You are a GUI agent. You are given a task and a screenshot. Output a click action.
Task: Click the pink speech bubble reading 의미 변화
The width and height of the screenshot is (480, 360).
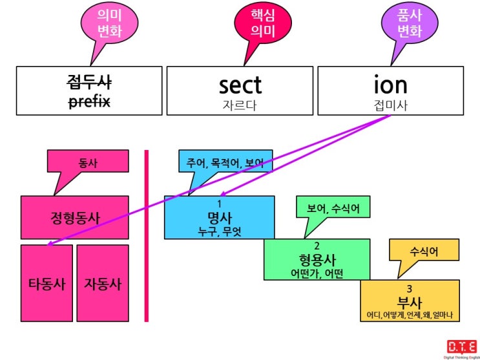109,24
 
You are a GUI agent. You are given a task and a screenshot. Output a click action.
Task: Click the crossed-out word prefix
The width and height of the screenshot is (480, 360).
89,101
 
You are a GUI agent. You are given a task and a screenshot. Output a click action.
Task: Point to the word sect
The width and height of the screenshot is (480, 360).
240,85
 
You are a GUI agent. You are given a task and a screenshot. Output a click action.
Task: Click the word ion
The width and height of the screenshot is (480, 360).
391,85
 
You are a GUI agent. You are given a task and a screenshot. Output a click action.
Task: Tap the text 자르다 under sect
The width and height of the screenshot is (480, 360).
240,105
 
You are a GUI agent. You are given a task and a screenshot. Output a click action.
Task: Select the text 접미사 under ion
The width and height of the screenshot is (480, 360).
391,105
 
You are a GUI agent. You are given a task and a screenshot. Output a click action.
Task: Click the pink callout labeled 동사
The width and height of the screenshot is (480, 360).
88,162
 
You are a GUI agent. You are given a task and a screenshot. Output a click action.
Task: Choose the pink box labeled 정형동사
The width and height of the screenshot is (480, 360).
75,218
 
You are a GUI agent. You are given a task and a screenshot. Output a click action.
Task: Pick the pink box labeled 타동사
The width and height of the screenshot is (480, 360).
47,283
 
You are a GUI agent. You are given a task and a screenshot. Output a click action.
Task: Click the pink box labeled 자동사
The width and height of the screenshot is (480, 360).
103,283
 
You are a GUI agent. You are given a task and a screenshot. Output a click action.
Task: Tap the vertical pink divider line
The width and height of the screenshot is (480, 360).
147,236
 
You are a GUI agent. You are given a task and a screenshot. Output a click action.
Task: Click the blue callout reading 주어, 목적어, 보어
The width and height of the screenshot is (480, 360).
225,162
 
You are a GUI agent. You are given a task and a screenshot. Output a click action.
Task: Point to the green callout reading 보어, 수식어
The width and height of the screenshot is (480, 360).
333,209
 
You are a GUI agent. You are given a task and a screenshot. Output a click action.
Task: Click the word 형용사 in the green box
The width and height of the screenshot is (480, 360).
317,260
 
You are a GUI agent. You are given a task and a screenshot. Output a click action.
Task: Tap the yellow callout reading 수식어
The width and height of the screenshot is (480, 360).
424,251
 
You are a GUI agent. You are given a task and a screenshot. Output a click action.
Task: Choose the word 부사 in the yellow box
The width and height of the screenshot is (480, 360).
410,302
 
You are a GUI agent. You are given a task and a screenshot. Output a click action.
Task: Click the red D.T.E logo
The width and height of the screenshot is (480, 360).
462,346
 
